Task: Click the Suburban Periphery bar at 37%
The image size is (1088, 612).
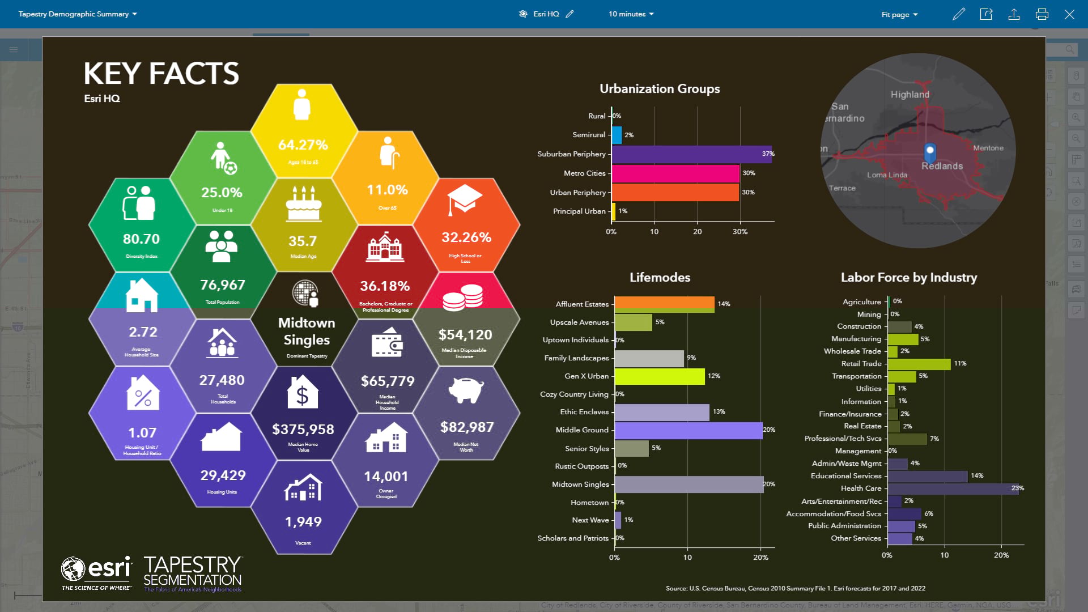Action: (691, 154)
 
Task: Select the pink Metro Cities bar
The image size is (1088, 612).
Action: (675, 173)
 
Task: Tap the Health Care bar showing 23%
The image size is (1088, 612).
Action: (953, 488)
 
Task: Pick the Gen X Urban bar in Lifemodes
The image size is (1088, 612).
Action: (660, 376)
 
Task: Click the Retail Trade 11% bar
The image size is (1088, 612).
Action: (919, 364)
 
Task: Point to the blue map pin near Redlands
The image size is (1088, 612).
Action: (929, 151)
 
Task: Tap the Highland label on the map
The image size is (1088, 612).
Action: (909, 95)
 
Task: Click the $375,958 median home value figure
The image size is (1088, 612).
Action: (303, 430)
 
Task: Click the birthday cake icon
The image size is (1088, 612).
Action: (303, 204)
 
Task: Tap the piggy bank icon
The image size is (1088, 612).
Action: (466, 390)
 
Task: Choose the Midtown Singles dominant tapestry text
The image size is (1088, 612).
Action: (307, 331)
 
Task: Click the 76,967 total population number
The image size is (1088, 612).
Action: (222, 285)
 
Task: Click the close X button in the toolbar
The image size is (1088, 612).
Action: (1069, 14)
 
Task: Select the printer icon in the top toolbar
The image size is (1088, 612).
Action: (1042, 14)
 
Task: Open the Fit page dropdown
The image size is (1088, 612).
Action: (899, 14)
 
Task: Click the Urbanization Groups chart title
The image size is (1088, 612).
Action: (660, 89)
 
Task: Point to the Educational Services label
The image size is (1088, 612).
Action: (846, 476)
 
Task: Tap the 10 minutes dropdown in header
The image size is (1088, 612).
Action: (631, 14)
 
